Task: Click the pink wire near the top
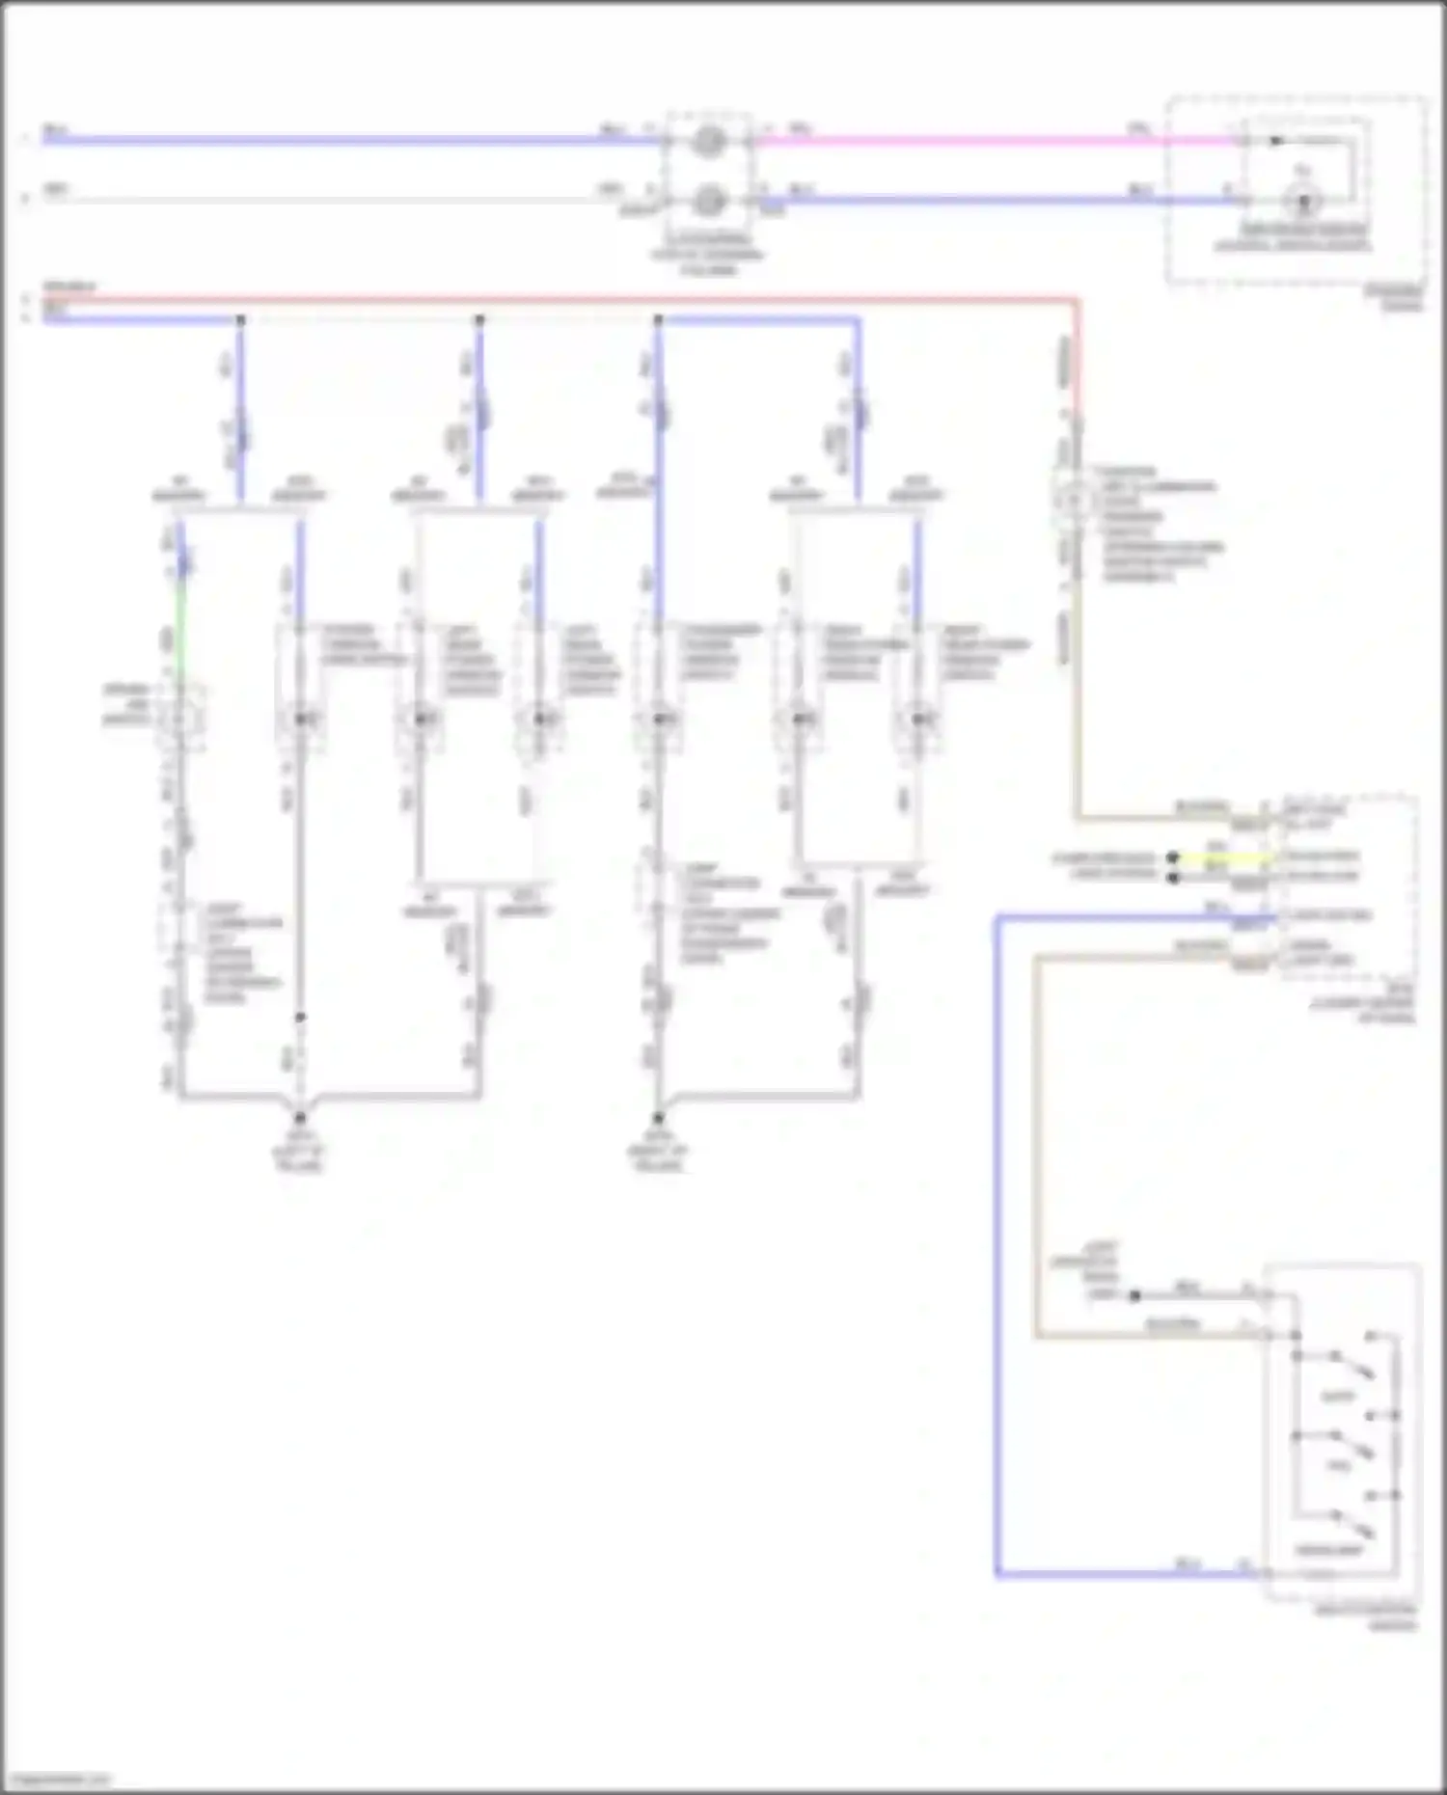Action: point(965,141)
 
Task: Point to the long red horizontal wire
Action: point(579,300)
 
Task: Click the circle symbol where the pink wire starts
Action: point(710,141)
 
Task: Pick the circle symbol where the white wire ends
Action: point(710,201)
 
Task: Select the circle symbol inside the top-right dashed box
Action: point(1303,202)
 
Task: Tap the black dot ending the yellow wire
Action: point(1173,857)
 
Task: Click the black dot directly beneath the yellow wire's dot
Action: point(1173,877)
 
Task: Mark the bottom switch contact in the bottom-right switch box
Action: point(1351,1525)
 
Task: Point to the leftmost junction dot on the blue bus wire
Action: point(240,319)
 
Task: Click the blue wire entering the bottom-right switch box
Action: point(1109,1575)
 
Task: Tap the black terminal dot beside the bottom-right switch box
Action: point(1134,1295)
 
